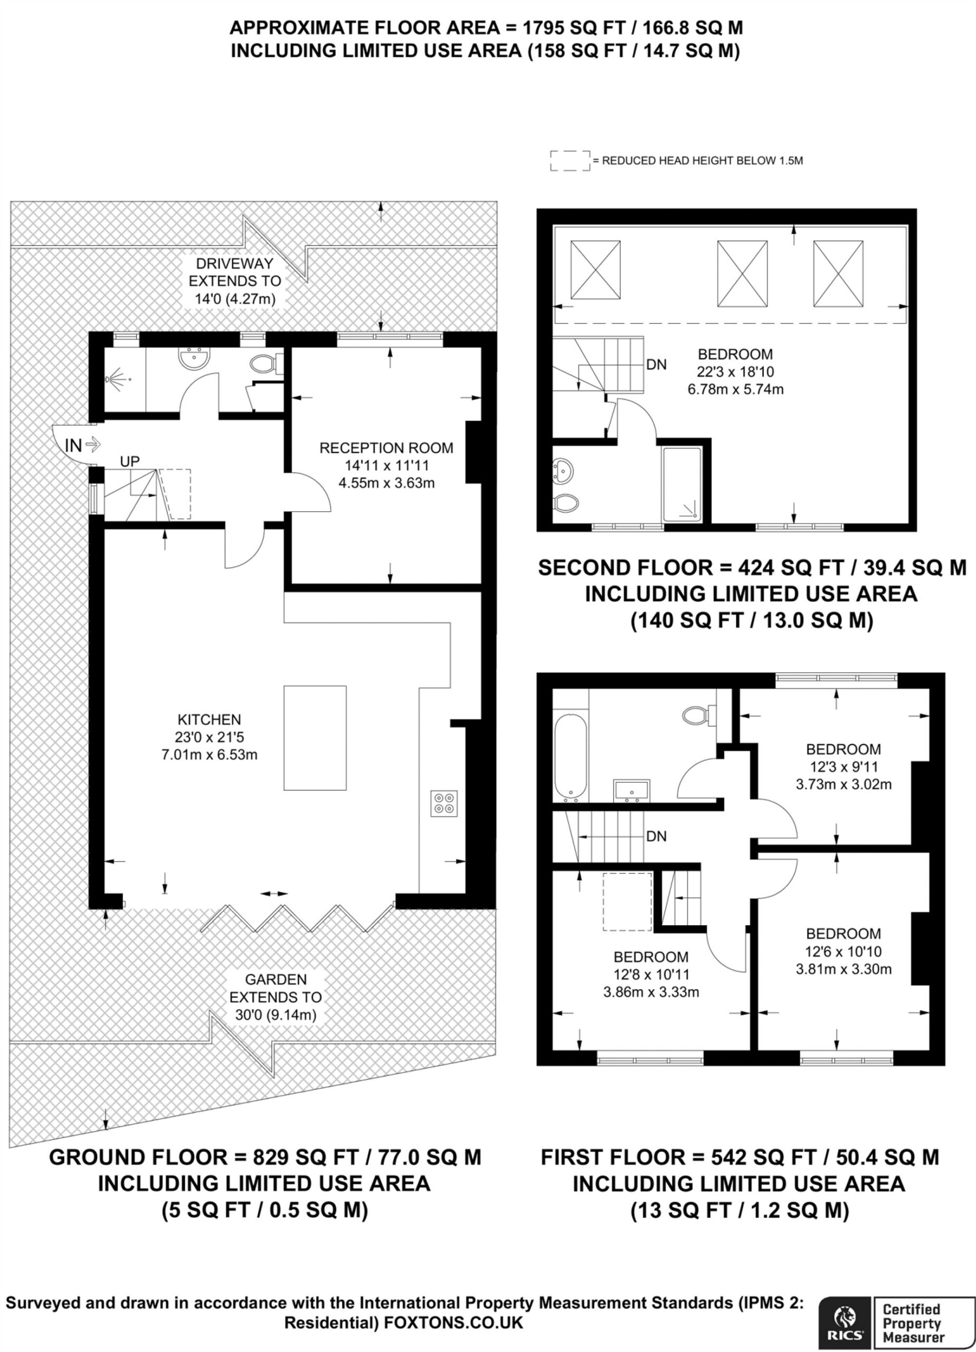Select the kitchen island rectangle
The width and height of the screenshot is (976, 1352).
pos(315,738)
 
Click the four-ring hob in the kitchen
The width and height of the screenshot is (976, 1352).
pos(444,803)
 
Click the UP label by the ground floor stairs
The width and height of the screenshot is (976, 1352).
pos(130,461)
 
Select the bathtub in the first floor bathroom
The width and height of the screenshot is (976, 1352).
pos(571,758)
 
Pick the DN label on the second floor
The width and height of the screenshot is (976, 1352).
pos(656,364)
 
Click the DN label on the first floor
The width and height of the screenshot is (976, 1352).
pos(656,837)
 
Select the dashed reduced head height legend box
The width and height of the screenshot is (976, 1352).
pos(570,161)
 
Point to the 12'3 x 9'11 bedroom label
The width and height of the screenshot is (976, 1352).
pos(843,767)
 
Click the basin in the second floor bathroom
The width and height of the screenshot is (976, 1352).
pos(563,471)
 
